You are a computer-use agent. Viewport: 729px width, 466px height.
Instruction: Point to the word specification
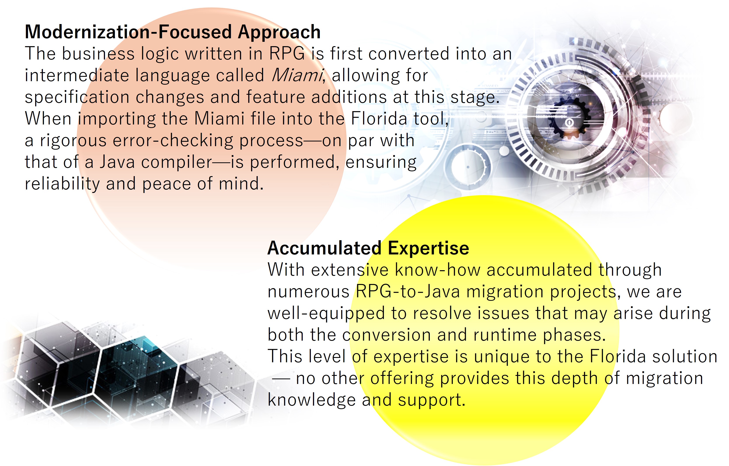point(77,97)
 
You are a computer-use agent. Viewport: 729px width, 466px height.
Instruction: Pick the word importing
point(117,119)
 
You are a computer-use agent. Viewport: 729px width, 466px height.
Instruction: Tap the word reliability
point(62,184)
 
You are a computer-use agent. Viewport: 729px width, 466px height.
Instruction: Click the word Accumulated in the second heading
point(324,248)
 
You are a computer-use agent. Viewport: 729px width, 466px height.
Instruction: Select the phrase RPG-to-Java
point(407,292)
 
